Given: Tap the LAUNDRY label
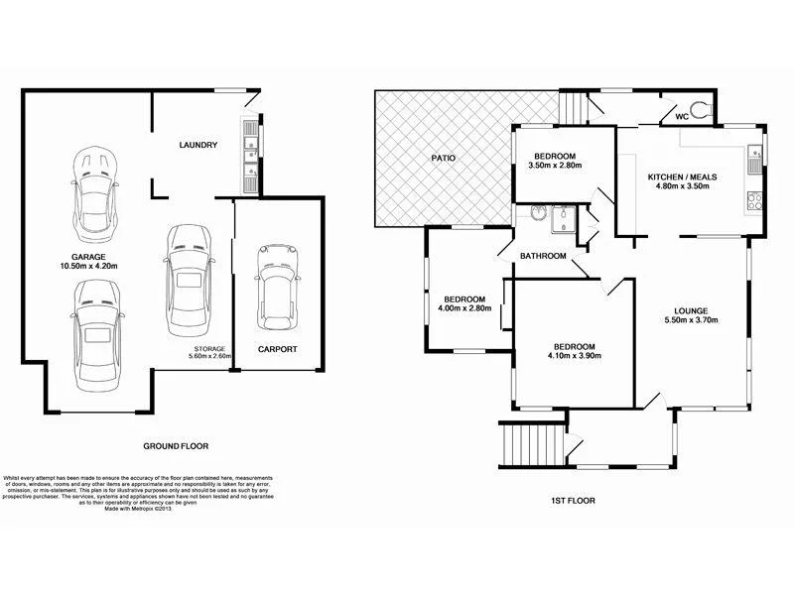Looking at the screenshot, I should pyautogui.click(x=198, y=146).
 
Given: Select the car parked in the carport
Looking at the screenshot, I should pyautogui.click(x=277, y=286).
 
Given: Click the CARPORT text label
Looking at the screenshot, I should pyautogui.click(x=277, y=349).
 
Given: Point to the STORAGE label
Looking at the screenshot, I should pyautogui.click(x=208, y=348).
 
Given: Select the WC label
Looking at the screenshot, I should pyautogui.click(x=682, y=116).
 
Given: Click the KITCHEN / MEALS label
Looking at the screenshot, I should pyautogui.click(x=682, y=177).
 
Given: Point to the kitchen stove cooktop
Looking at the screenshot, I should pyautogui.click(x=754, y=199).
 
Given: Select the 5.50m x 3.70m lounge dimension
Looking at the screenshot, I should pyautogui.click(x=691, y=320).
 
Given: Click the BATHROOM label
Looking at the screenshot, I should pyautogui.click(x=543, y=256).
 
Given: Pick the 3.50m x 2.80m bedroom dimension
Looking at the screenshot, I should pyautogui.click(x=555, y=167).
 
